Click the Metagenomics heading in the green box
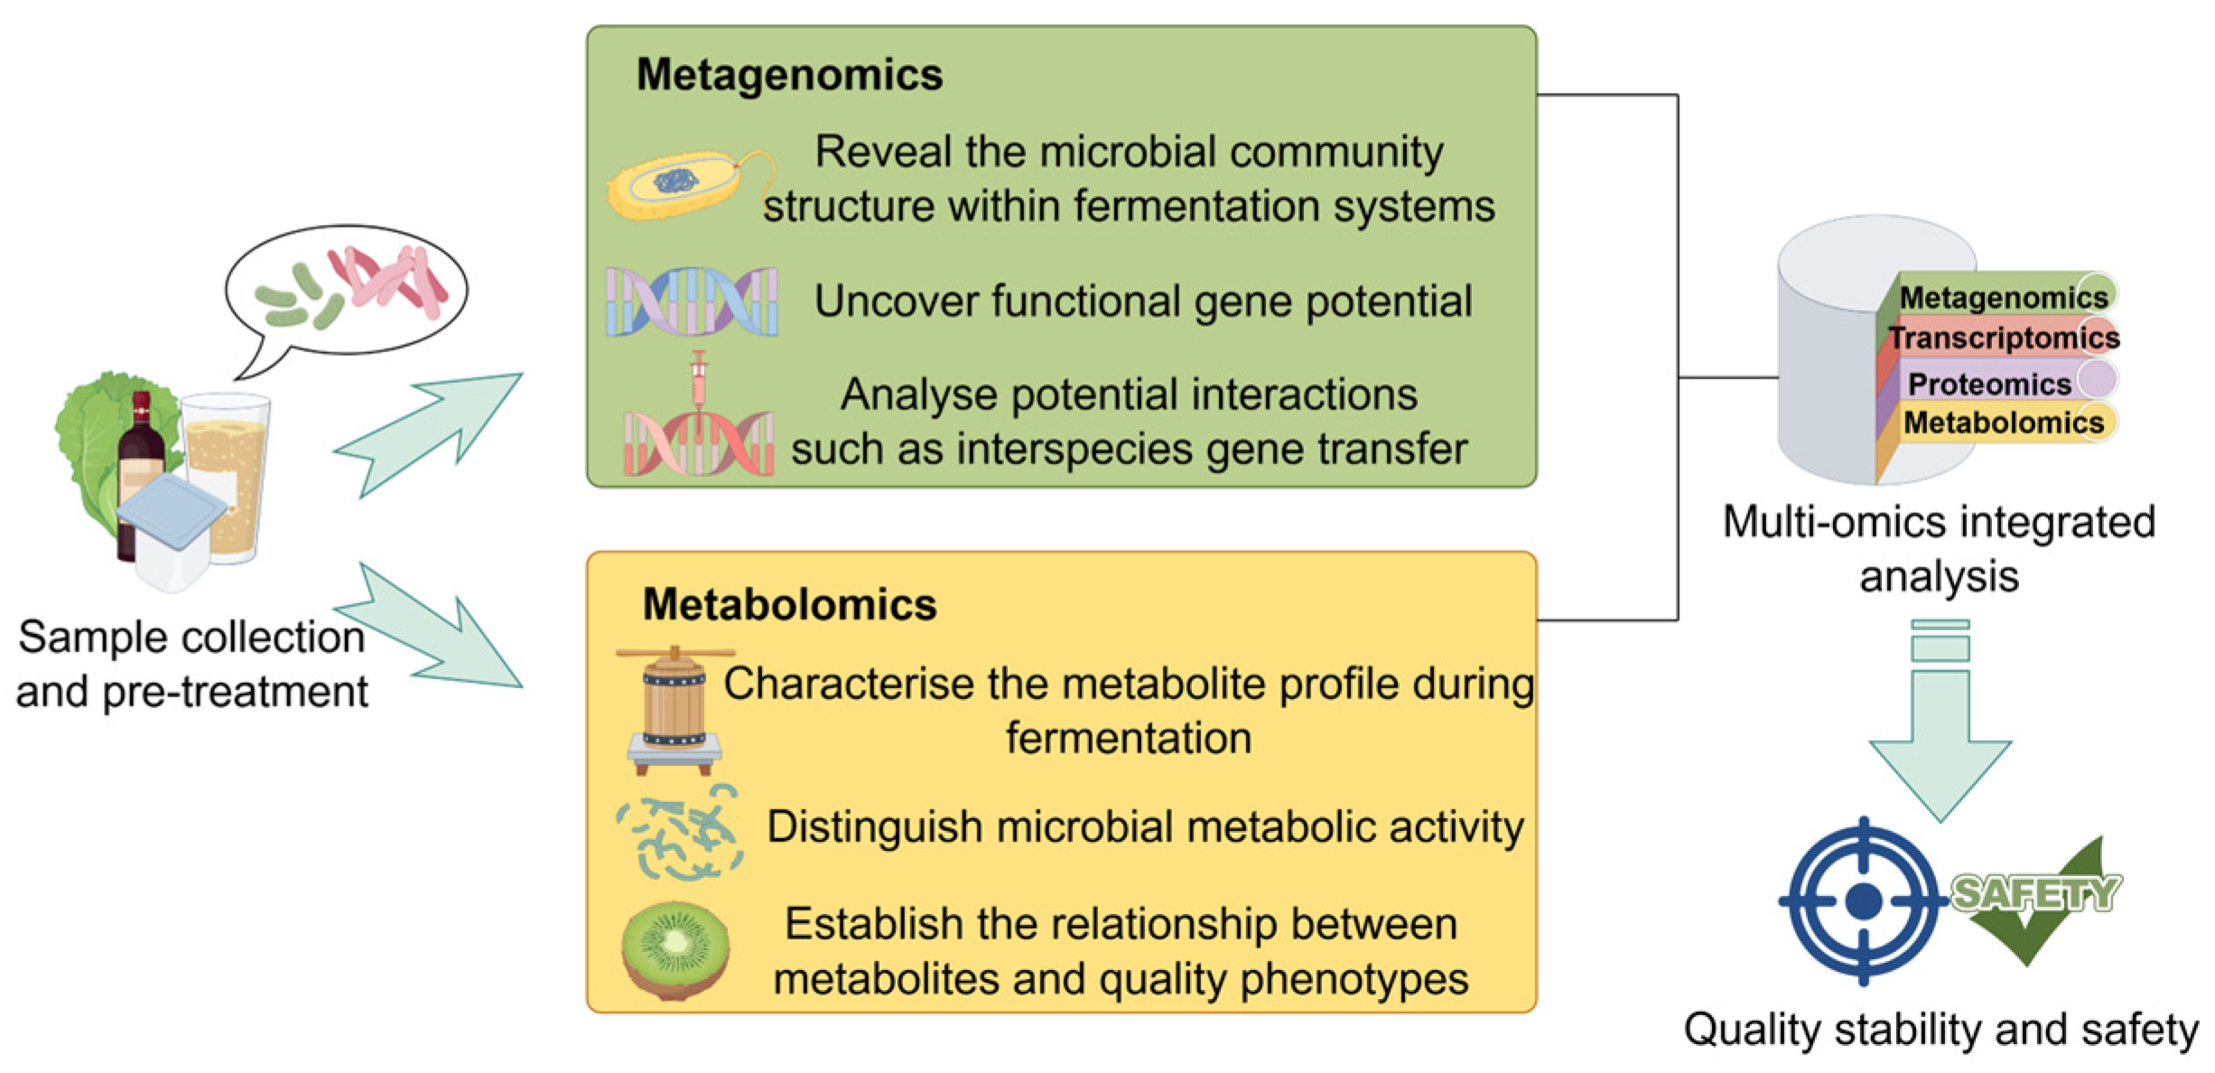[789, 74]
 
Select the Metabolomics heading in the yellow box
[789, 604]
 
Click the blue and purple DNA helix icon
[691, 302]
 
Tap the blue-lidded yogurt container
[172, 533]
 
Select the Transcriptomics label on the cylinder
[2005, 338]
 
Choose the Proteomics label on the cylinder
[1989, 384]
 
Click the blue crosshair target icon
[1864, 900]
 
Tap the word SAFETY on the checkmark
[2035, 893]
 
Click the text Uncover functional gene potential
[1143, 302]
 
